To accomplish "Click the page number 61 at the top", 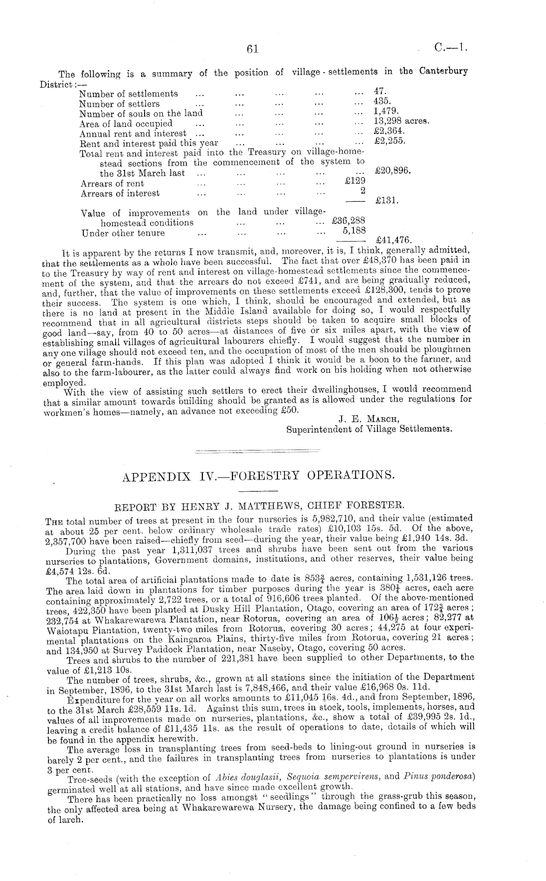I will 253,48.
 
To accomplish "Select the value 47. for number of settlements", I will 380,91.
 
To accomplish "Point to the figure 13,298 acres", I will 401,121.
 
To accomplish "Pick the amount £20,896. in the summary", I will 392,171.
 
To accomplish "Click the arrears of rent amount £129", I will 355,181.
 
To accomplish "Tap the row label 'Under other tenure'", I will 123,233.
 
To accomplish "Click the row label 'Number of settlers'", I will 119,103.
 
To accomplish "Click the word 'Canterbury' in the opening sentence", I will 444,71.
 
